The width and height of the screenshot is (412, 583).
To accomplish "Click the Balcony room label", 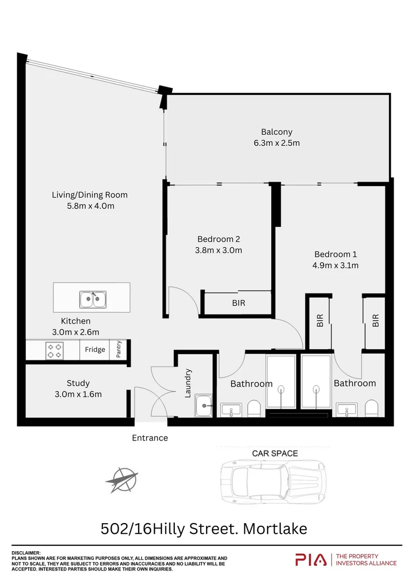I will [277, 132].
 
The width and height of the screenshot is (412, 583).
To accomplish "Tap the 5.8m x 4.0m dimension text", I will [90, 206].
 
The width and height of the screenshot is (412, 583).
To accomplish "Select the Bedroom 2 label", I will [218, 239].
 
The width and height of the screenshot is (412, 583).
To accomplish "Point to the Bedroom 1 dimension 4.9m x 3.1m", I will [336, 265].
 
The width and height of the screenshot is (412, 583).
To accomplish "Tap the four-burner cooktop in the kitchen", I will [54, 350].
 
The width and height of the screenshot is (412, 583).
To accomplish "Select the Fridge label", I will [95, 349].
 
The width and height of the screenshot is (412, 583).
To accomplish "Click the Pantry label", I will [119, 349].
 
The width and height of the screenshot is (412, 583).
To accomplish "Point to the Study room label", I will [78, 383].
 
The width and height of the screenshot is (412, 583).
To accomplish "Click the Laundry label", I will [188, 383].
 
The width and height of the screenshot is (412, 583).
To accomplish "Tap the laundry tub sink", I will [204, 405].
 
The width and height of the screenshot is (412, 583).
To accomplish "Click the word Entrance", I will [150, 438].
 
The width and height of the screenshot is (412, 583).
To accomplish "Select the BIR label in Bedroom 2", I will [238, 303].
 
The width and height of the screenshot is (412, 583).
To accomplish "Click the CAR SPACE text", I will [275, 453].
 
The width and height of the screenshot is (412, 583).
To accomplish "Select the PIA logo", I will [311, 560].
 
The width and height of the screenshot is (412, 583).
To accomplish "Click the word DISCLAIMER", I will [26, 553].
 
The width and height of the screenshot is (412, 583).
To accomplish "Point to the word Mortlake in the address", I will [275, 528].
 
